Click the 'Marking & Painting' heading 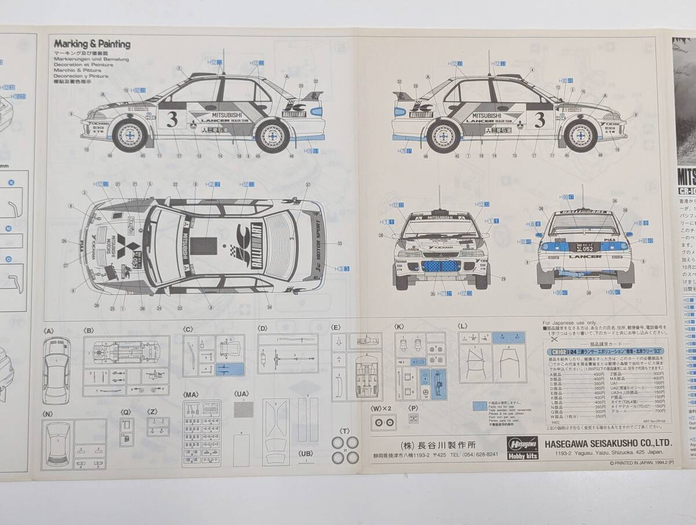[92, 44]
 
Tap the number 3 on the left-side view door [171, 118]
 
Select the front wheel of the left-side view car [128, 135]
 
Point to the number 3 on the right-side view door [539, 119]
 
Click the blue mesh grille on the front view [441, 267]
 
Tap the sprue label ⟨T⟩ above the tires [345, 431]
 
